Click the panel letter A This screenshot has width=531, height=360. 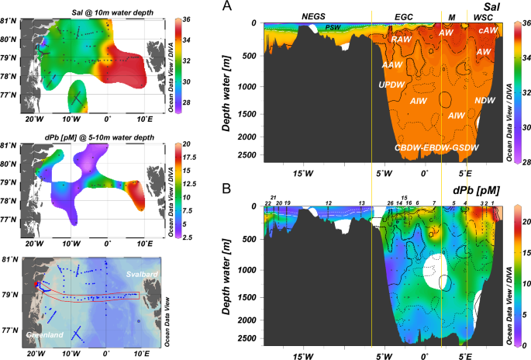pos(226,7)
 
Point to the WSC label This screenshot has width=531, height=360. pos(483,16)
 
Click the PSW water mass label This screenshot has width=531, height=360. pos(333,28)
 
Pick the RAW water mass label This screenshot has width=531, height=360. pos(401,39)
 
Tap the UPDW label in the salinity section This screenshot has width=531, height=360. pos(391,82)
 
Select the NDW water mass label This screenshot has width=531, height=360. pos(484,102)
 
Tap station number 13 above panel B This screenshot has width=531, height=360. pos(362,202)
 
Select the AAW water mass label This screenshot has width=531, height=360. pos(392,65)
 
